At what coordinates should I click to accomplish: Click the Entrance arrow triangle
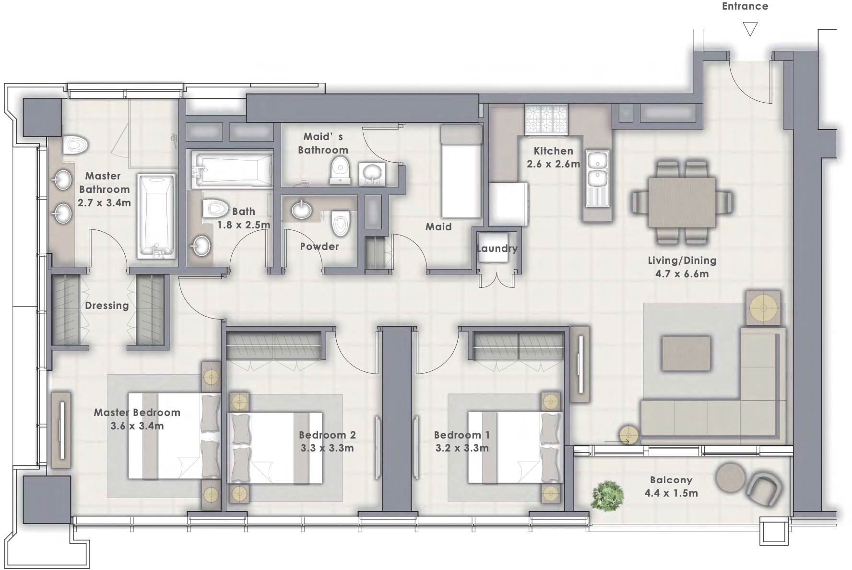tap(750, 29)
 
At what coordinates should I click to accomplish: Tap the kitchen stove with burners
tap(547, 119)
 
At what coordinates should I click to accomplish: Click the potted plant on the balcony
tap(607, 495)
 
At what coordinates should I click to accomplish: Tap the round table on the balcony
tap(731, 476)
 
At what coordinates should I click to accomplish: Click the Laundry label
tap(497, 249)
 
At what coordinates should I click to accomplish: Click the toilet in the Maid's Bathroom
tap(340, 172)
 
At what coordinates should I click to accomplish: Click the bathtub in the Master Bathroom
tap(156, 215)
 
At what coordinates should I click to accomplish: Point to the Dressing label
tap(106, 306)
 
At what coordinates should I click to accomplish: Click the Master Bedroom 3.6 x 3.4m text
tap(137, 419)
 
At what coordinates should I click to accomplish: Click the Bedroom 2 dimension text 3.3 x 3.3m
tap(327, 448)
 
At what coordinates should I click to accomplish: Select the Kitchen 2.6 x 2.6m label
tap(553, 157)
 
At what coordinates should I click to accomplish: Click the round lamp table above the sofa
tap(763, 307)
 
